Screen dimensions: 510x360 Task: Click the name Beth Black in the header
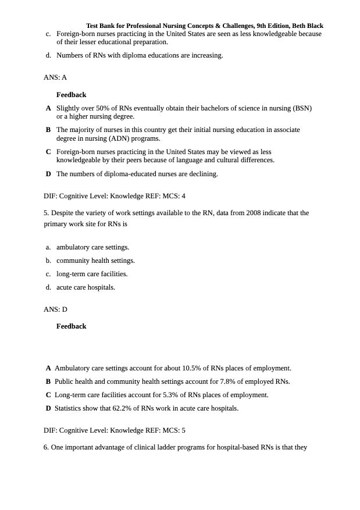click(308, 26)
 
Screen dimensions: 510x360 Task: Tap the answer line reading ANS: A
click(55, 77)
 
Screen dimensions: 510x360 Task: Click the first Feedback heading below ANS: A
click(71, 95)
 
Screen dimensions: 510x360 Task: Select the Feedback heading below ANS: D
click(71, 326)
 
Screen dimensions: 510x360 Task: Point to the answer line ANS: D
click(55, 309)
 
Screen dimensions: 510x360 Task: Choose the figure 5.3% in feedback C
click(168, 395)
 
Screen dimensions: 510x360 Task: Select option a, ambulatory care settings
click(92, 247)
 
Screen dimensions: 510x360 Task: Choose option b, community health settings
click(95, 261)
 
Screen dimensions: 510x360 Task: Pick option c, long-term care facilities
click(92, 274)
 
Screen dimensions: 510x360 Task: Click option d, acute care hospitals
click(85, 287)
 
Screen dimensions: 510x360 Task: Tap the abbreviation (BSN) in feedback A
click(302, 108)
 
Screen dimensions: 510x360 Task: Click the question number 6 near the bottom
click(46, 447)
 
